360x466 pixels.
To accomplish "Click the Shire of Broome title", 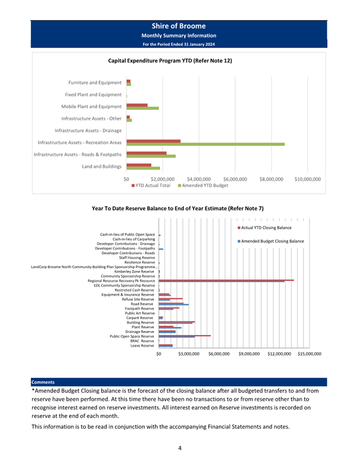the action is coord(179,26).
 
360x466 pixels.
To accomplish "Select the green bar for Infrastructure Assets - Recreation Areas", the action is coord(205,144).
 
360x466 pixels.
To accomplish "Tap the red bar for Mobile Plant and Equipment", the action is coord(137,105).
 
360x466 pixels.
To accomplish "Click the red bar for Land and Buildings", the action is coord(139,165).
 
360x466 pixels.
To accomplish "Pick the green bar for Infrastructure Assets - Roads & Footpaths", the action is coord(151,156).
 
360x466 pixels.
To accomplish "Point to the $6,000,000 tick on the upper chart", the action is coord(235,179).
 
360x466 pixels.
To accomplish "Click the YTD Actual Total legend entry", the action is coord(151,186).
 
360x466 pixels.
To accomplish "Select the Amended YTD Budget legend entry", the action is coord(203,186).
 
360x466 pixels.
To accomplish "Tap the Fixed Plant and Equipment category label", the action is coord(93,94).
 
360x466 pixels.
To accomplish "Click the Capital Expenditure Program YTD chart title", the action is coord(170,61).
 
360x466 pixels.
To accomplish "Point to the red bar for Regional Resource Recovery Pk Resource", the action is coord(226,280).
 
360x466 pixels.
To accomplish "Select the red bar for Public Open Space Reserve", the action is coord(184,336).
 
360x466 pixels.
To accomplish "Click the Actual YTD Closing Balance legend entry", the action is coord(264,227).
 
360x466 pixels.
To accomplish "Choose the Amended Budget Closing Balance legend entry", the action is coord(271,241).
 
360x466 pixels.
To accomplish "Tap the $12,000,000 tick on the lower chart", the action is coord(279,354).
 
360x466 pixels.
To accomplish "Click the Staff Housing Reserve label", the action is coord(137,258).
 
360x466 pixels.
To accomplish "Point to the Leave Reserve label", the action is coord(142,346).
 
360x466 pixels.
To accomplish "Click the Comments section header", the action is coord(43,382).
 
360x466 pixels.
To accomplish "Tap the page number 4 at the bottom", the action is coord(180,448).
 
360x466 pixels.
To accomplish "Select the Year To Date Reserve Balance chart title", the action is coord(178,208).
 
